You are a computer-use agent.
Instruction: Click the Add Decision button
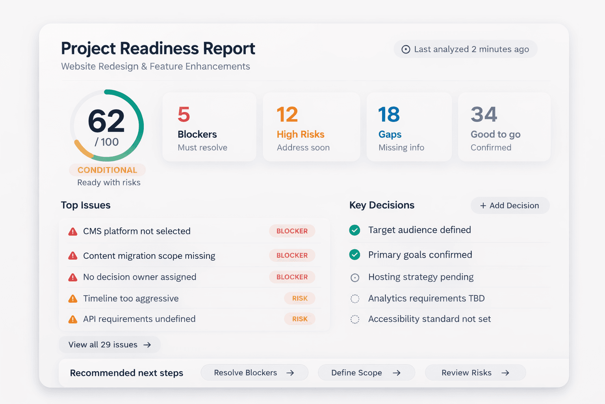point(510,206)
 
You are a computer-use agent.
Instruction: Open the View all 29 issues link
point(109,345)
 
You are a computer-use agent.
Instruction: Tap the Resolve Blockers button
point(254,373)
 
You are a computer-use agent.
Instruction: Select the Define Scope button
point(366,373)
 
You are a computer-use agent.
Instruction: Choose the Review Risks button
point(475,373)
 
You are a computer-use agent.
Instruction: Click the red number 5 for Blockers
point(184,115)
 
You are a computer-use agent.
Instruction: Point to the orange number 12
point(287,115)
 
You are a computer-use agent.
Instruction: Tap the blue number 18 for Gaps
point(389,115)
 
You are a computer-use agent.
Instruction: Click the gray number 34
point(484,115)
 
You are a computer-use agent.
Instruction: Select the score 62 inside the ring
point(106,121)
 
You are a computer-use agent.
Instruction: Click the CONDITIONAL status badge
point(107,170)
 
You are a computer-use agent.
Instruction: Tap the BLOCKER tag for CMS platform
point(292,231)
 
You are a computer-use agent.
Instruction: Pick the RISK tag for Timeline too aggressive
point(300,299)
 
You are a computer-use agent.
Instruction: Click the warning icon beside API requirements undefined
point(73,319)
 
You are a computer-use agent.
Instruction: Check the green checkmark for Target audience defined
point(354,230)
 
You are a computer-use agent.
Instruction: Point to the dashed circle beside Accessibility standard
point(355,319)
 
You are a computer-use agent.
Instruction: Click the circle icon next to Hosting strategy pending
point(355,278)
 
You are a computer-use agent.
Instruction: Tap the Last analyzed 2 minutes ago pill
point(465,49)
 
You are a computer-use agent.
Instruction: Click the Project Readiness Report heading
point(158,49)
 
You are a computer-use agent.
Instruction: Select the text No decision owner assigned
point(139,277)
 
